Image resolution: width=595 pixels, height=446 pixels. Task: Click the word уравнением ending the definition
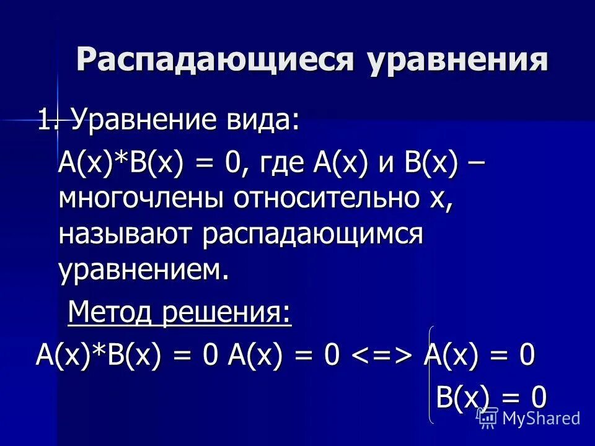(139, 270)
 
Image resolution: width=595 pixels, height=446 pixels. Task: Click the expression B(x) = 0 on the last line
(491, 397)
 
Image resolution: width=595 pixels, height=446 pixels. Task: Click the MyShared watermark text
(540, 418)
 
